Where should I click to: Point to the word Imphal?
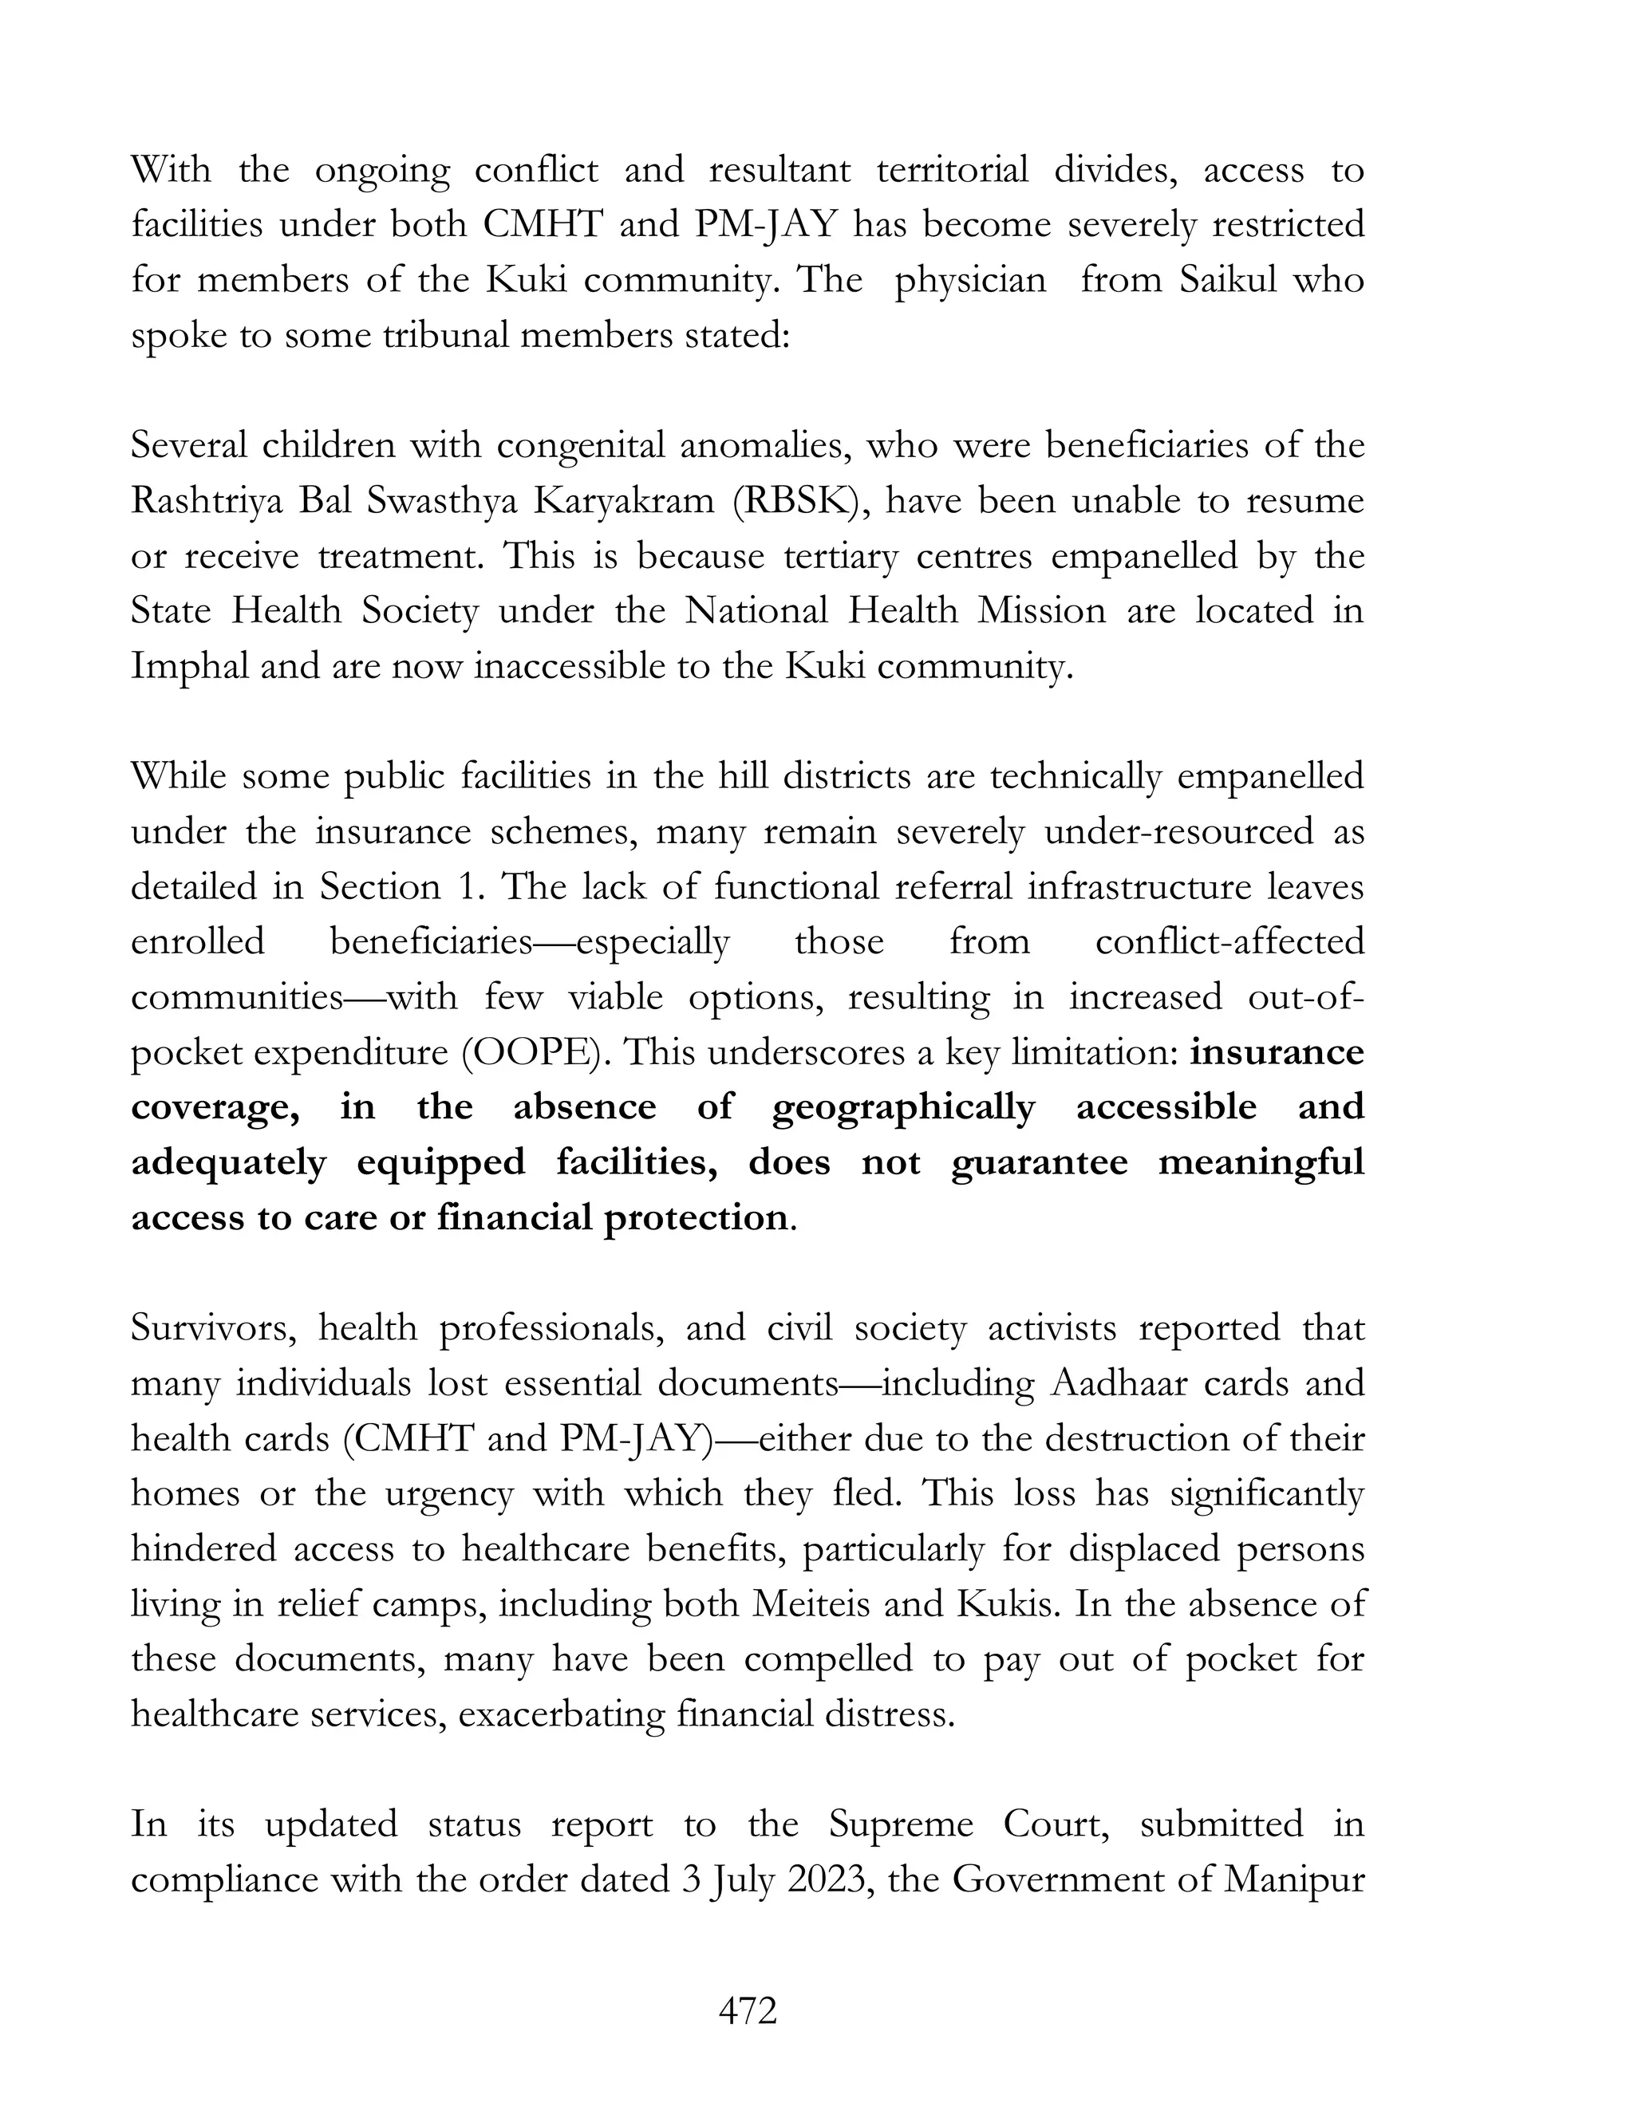[189, 667]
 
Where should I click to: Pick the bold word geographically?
[903, 1108]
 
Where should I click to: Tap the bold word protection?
[696, 1217]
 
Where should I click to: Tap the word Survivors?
[213, 1328]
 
